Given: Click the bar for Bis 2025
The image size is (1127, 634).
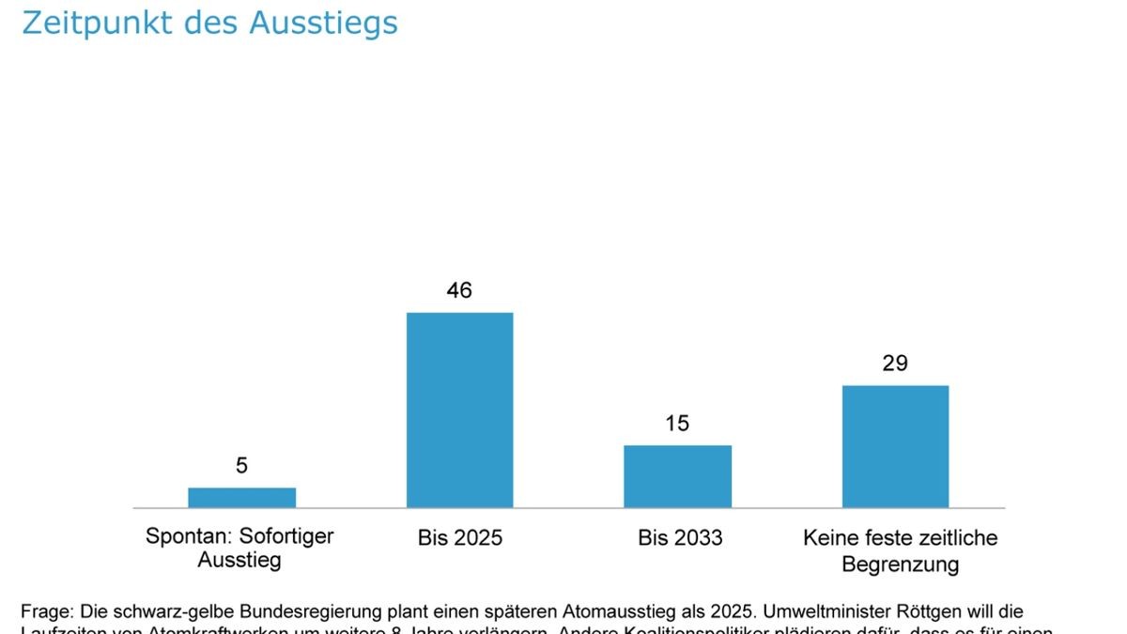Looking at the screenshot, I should coord(459,410).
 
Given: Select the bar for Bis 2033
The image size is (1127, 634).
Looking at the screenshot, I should coord(677,476).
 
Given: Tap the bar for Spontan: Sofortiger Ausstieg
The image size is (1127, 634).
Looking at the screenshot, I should coord(241,498).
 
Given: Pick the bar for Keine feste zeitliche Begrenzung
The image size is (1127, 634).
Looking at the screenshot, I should coord(895,446).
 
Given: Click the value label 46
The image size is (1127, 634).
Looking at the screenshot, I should coord(459,290).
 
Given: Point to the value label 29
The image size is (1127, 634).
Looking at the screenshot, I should coord(895,363).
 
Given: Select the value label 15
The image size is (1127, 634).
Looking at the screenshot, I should coord(677,424).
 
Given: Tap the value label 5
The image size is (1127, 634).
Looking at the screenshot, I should coord(241,465).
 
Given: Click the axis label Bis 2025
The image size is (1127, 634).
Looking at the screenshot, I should coord(460,538).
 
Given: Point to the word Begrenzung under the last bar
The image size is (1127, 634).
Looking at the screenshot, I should coord(900,564).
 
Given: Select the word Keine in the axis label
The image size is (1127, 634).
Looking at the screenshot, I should coord(829,537).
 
